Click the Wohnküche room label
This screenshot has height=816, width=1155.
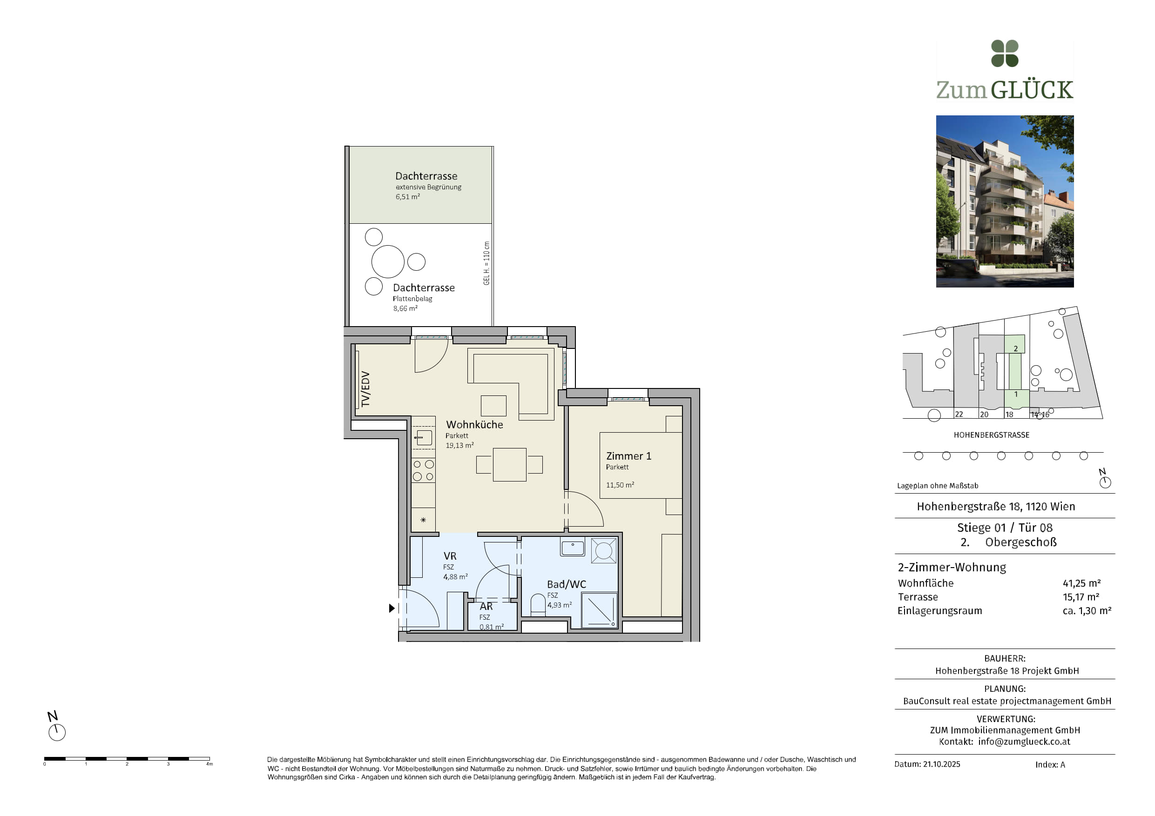(x=474, y=424)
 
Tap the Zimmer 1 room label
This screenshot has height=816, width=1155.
(x=628, y=456)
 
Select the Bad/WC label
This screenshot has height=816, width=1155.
(x=567, y=584)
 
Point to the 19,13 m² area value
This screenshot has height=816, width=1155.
(x=459, y=446)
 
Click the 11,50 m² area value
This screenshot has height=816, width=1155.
(x=620, y=485)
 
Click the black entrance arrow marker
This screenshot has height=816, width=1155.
(x=392, y=609)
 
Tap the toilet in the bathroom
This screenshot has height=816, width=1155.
(x=538, y=603)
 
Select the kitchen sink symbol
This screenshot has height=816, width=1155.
(x=424, y=438)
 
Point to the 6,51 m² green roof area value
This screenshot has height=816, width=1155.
(x=407, y=197)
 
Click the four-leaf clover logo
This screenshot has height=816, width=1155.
(x=1005, y=54)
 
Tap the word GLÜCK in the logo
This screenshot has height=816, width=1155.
(x=1032, y=90)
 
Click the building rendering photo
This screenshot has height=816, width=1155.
(x=1005, y=201)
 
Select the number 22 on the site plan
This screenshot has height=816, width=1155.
(x=959, y=415)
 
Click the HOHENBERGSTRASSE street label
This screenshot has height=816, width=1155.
(x=992, y=435)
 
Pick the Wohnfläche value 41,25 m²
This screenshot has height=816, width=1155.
(x=1081, y=583)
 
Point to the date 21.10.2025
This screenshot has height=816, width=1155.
(x=941, y=764)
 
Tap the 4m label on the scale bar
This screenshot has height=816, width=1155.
(x=209, y=764)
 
